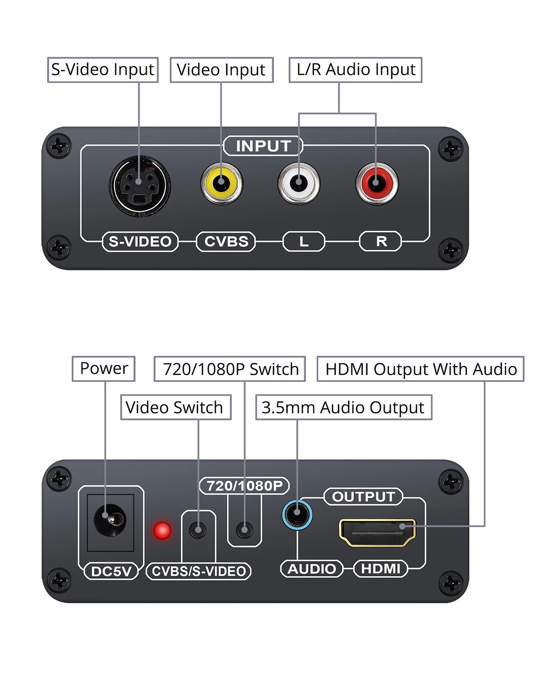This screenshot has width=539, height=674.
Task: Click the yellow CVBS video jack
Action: point(221,184)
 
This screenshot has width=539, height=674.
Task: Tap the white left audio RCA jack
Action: point(299,184)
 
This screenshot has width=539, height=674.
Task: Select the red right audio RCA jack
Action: point(376,184)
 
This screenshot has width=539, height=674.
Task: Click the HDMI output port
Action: point(377,532)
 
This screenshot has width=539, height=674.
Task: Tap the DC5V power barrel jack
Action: point(110,520)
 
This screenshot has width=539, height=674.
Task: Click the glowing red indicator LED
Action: point(162,530)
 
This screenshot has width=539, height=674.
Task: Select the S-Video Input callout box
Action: point(103,70)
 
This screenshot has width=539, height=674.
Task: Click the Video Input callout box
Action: point(221,70)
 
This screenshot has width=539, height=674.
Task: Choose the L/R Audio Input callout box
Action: point(355,70)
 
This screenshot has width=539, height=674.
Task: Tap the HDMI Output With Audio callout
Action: point(420,369)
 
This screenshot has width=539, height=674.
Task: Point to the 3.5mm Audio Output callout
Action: point(344,408)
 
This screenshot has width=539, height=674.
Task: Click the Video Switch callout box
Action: point(176,408)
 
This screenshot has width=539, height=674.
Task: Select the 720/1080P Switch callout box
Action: point(230,369)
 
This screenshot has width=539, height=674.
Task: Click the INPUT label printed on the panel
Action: point(263,146)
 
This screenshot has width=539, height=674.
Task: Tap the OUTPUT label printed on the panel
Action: point(363,497)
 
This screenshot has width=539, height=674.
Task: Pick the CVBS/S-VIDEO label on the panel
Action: point(199,571)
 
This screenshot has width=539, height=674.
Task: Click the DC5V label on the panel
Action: point(111,571)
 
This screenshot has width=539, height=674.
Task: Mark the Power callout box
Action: point(103,368)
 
